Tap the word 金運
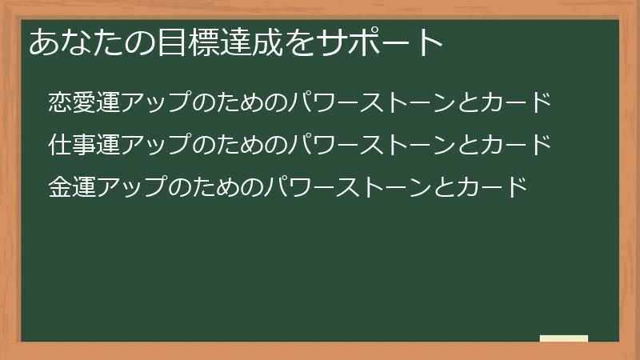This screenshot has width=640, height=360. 71,188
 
